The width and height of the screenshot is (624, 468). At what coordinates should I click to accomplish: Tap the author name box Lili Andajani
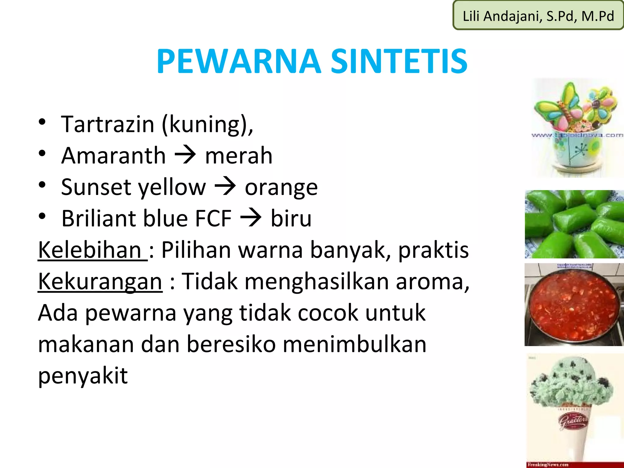pos(538,16)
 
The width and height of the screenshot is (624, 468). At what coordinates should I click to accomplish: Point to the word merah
pos(239,156)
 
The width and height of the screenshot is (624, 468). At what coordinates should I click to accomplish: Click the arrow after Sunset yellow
pos(225,187)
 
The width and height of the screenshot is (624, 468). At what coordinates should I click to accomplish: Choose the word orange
pos(281,188)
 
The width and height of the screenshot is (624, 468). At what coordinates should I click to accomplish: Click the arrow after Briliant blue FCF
pos(251,218)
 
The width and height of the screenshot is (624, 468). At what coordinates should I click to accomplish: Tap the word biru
pos(291,218)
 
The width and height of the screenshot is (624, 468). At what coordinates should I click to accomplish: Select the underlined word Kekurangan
pos(100,281)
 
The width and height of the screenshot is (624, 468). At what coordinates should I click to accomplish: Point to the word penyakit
pos(83,376)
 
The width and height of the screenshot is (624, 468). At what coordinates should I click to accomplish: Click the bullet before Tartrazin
pos(42,122)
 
